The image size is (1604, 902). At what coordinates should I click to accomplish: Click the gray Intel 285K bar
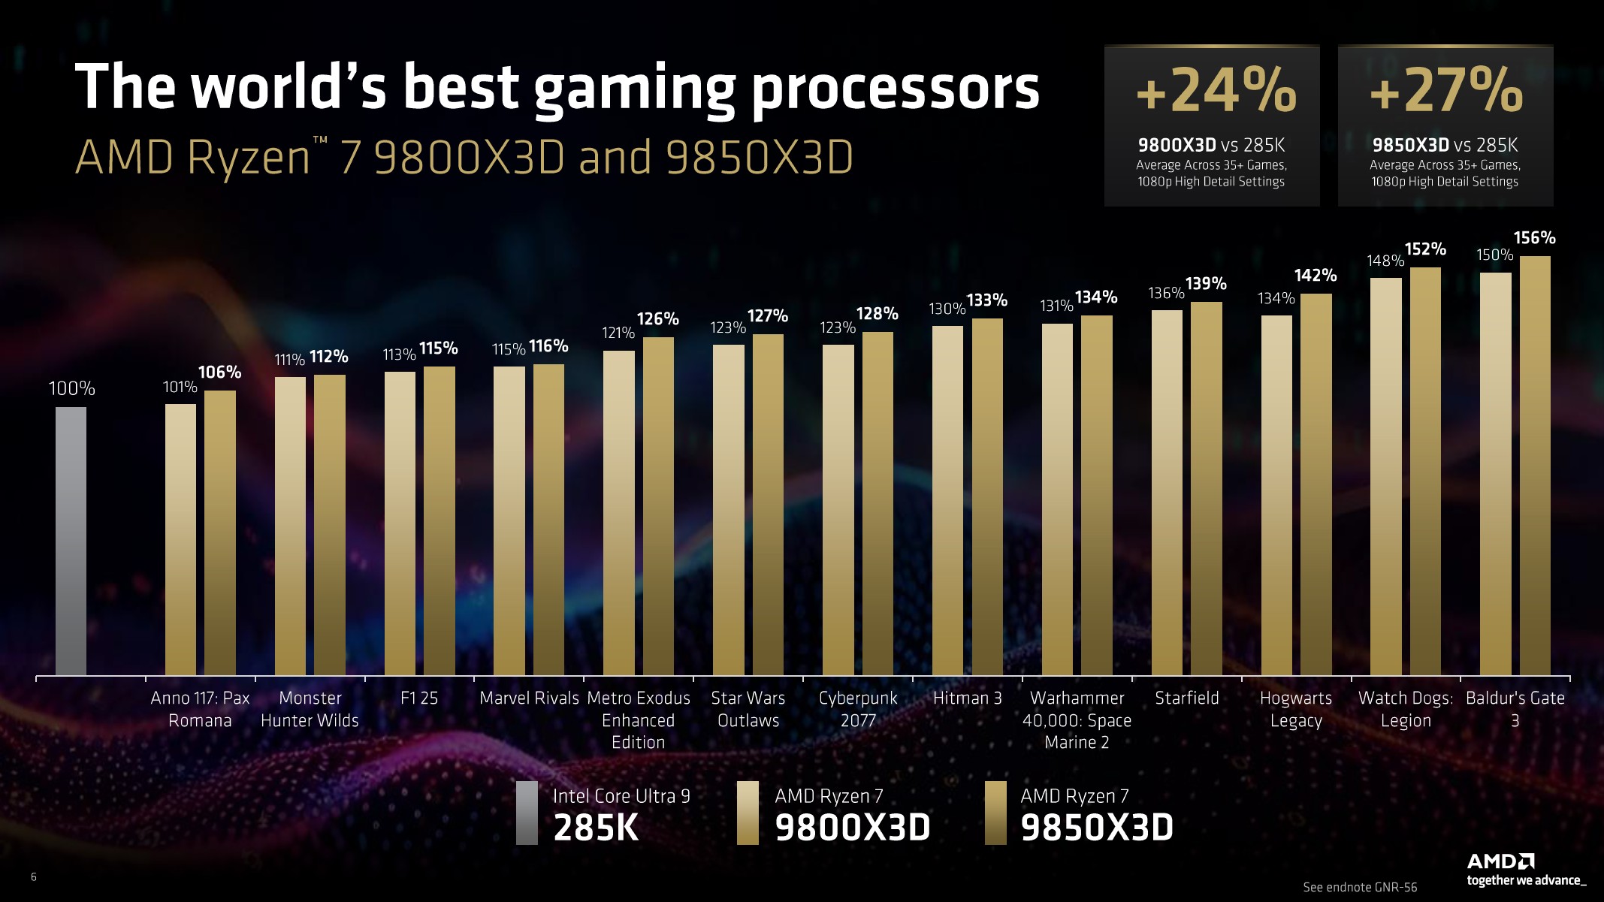pyautogui.click(x=71, y=541)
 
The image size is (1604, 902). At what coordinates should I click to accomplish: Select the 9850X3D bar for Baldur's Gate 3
pyautogui.click(x=1535, y=466)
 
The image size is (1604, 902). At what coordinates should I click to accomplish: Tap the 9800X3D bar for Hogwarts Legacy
pyautogui.click(x=1276, y=496)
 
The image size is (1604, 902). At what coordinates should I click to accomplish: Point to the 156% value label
pyautogui.click(x=1534, y=238)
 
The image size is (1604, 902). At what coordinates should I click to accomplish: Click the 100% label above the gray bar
pyautogui.click(x=71, y=388)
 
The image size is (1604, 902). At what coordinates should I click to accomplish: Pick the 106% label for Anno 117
pyautogui.click(x=219, y=373)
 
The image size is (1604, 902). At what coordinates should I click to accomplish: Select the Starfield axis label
pyautogui.click(x=1186, y=698)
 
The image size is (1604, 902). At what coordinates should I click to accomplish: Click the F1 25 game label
pyautogui.click(x=418, y=698)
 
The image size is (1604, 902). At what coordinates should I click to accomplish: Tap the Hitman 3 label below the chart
pyautogui.click(x=967, y=698)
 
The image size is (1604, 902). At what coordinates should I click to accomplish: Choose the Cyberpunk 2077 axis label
pyautogui.click(x=858, y=709)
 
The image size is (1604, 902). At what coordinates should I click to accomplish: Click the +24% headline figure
pyautogui.click(x=1216, y=91)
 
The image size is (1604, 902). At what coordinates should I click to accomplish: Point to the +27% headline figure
pyautogui.click(x=1446, y=91)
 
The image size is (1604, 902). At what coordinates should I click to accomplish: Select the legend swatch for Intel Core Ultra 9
pyautogui.click(x=527, y=813)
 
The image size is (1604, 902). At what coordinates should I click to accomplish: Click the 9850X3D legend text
pyautogui.click(x=1096, y=828)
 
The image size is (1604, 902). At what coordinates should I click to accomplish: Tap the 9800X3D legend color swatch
pyautogui.click(x=748, y=813)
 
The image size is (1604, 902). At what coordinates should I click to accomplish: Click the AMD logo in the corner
pyautogui.click(x=1500, y=861)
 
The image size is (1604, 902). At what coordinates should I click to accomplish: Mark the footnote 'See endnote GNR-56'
pyautogui.click(x=1360, y=887)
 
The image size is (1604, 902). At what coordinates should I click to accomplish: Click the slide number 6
pyautogui.click(x=34, y=876)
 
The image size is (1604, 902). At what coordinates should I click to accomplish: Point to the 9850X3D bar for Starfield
pyautogui.click(x=1206, y=488)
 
